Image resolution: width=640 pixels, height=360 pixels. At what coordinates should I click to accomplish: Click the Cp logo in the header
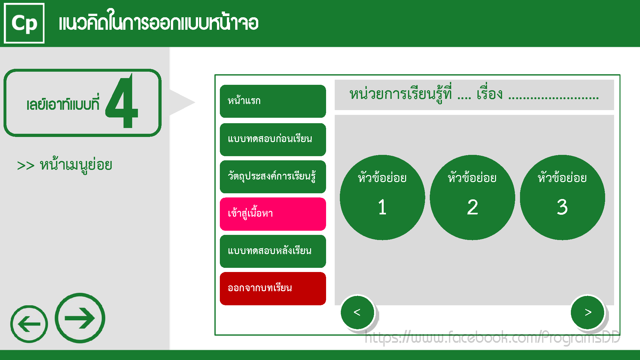pos(24,23)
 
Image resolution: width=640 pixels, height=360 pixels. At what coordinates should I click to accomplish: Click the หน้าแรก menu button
pos(273,101)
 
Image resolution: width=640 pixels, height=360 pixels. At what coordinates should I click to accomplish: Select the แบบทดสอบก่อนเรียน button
pos(273,140)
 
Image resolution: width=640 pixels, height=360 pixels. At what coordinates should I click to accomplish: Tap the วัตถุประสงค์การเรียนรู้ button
pos(273,177)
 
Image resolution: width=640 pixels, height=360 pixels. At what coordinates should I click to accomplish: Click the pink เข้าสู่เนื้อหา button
pos(273,214)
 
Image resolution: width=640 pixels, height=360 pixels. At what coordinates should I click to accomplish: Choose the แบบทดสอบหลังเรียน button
pos(273,251)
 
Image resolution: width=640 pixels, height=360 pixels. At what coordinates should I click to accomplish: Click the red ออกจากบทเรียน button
pos(273,289)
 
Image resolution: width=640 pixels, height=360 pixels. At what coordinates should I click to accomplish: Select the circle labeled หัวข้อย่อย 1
pos(382,197)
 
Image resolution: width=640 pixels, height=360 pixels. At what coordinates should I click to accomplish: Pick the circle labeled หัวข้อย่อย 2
pos(472,197)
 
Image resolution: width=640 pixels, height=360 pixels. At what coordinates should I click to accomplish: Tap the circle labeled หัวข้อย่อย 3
pos(562,197)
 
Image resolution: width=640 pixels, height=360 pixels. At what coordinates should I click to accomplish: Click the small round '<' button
pos(357,312)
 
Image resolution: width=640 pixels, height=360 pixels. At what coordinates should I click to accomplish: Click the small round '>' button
pos(588,312)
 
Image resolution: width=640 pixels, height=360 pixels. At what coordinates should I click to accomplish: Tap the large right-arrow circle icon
pos(80,318)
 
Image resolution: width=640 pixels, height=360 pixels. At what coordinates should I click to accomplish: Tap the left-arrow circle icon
pos(29,324)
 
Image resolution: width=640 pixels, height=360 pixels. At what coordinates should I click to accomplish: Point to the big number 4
pos(122,101)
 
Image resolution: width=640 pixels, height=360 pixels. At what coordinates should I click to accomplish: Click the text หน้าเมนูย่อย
pos(76,165)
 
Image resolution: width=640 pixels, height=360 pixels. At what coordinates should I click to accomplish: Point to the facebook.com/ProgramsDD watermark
pos(492,337)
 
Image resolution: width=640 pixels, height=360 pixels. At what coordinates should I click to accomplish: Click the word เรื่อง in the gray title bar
pos(490,94)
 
